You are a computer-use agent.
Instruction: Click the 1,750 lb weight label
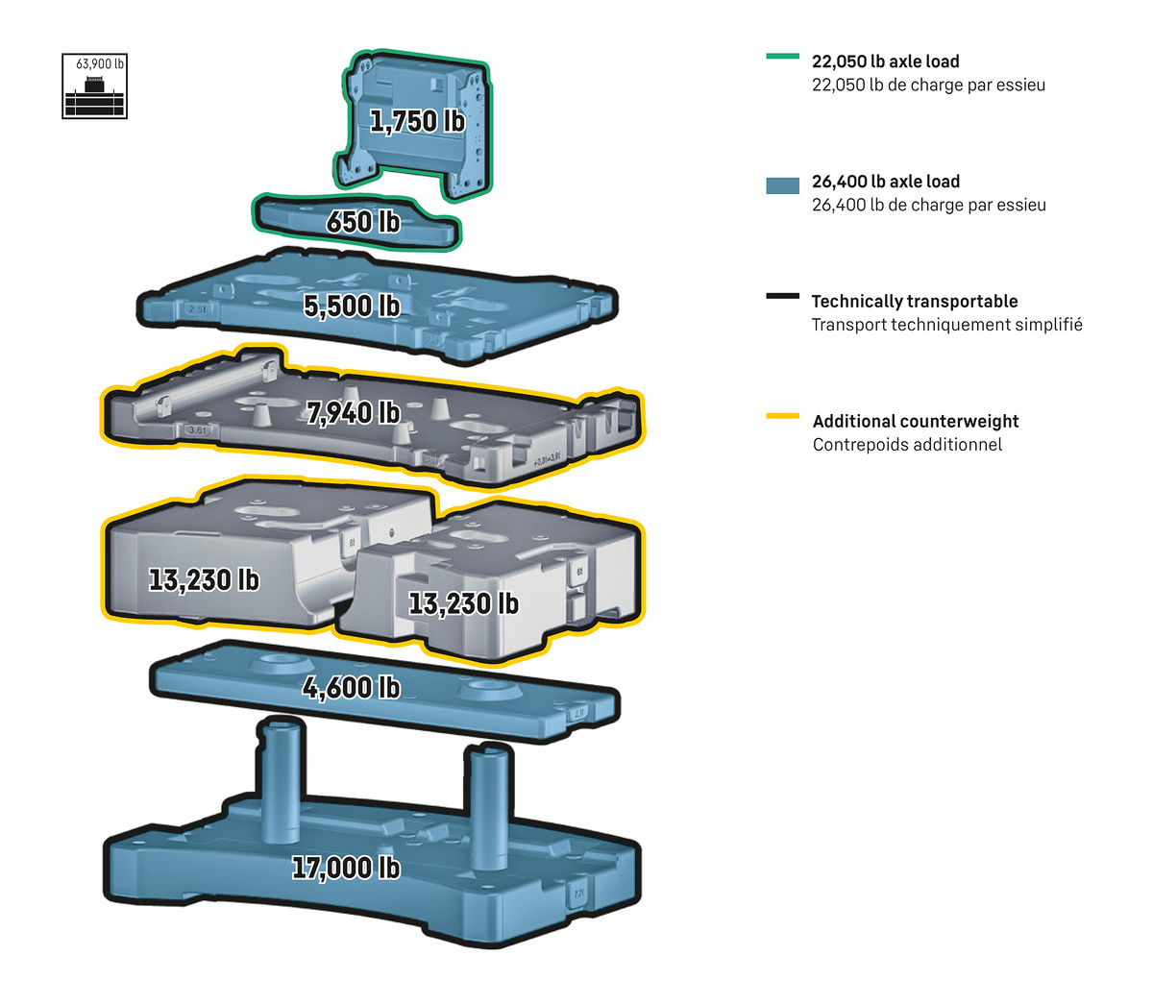tap(417, 122)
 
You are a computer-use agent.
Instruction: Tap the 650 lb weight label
tap(363, 221)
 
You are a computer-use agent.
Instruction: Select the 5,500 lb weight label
tap(352, 306)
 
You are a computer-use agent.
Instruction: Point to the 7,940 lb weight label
tap(354, 413)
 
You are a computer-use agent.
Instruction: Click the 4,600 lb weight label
tap(351, 688)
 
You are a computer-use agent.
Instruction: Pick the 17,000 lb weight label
tap(346, 868)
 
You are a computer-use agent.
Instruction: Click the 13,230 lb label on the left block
tap(204, 580)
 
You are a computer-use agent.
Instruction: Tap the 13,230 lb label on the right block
tap(463, 604)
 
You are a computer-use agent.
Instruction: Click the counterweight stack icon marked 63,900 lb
tap(95, 86)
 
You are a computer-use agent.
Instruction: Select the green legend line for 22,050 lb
tap(782, 57)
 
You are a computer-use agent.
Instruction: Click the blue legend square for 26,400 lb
tap(782, 185)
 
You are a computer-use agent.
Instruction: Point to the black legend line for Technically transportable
tap(782, 296)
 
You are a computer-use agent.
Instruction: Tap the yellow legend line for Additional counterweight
tap(782, 416)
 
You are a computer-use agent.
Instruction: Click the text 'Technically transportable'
tap(914, 302)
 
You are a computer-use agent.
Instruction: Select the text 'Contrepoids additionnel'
tap(907, 445)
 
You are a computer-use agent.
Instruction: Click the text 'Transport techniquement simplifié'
tap(946, 325)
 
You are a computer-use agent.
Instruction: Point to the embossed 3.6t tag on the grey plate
tap(197, 430)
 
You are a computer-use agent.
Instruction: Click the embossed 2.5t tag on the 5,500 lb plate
tap(198, 309)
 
